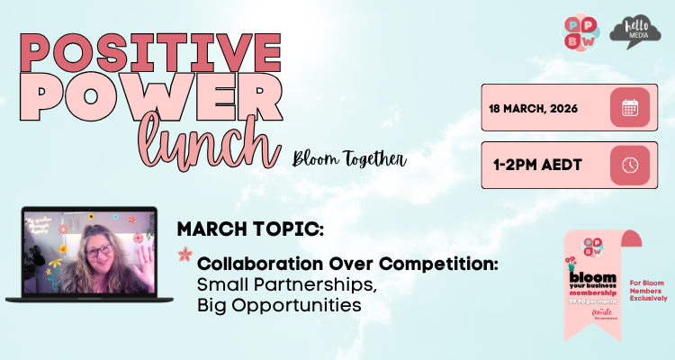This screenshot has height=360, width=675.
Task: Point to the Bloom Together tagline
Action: coord(348,161)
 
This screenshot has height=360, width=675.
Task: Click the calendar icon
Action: coord(630,108)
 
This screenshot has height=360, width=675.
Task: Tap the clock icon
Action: coord(630,165)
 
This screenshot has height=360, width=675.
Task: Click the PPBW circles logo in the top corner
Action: coord(579,32)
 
